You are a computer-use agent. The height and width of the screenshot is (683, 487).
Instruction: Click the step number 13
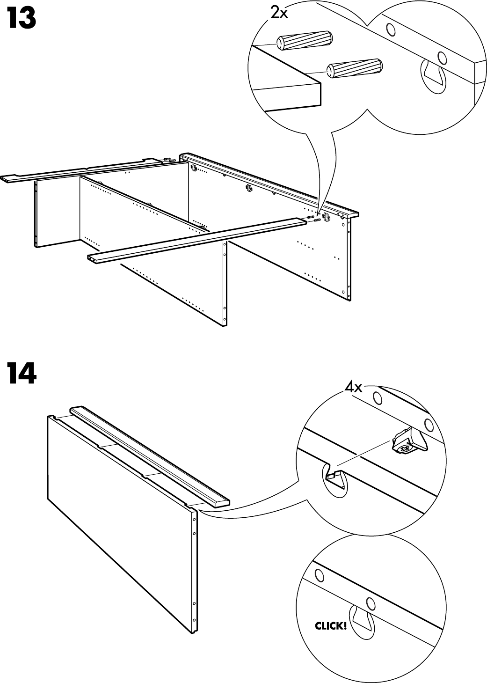(x=22, y=18)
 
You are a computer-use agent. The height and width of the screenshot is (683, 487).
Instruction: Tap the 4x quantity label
(x=353, y=387)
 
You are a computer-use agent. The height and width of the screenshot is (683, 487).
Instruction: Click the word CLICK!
(x=331, y=625)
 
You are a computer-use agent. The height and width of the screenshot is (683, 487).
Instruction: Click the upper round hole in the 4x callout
(x=376, y=399)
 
